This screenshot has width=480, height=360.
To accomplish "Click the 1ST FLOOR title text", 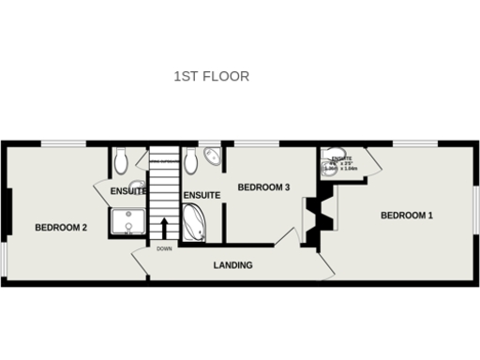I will [x=212, y=76].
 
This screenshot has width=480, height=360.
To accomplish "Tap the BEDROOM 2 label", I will [x=61, y=227].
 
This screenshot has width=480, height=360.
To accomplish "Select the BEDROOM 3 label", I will [x=263, y=187].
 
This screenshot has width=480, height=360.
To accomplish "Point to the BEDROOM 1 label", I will [x=407, y=216].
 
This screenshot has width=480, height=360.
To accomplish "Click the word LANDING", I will [x=232, y=265].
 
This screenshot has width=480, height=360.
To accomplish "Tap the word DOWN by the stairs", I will [x=164, y=249].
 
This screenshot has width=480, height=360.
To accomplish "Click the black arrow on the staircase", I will [x=165, y=229].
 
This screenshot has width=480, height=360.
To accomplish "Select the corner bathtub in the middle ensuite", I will [x=195, y=224].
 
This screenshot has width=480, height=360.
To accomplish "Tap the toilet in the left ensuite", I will [x=118, y=162].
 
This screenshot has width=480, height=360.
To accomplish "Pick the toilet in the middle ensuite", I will [x=191, y=161].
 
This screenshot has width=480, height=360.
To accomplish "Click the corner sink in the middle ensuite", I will [x=213, y=155].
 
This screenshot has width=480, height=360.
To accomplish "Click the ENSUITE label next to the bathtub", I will [x=202, y=195].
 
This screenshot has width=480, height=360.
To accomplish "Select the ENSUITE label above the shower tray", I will [x=128, y=191].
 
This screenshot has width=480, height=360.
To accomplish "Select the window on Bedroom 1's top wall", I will [x=411, y=143].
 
